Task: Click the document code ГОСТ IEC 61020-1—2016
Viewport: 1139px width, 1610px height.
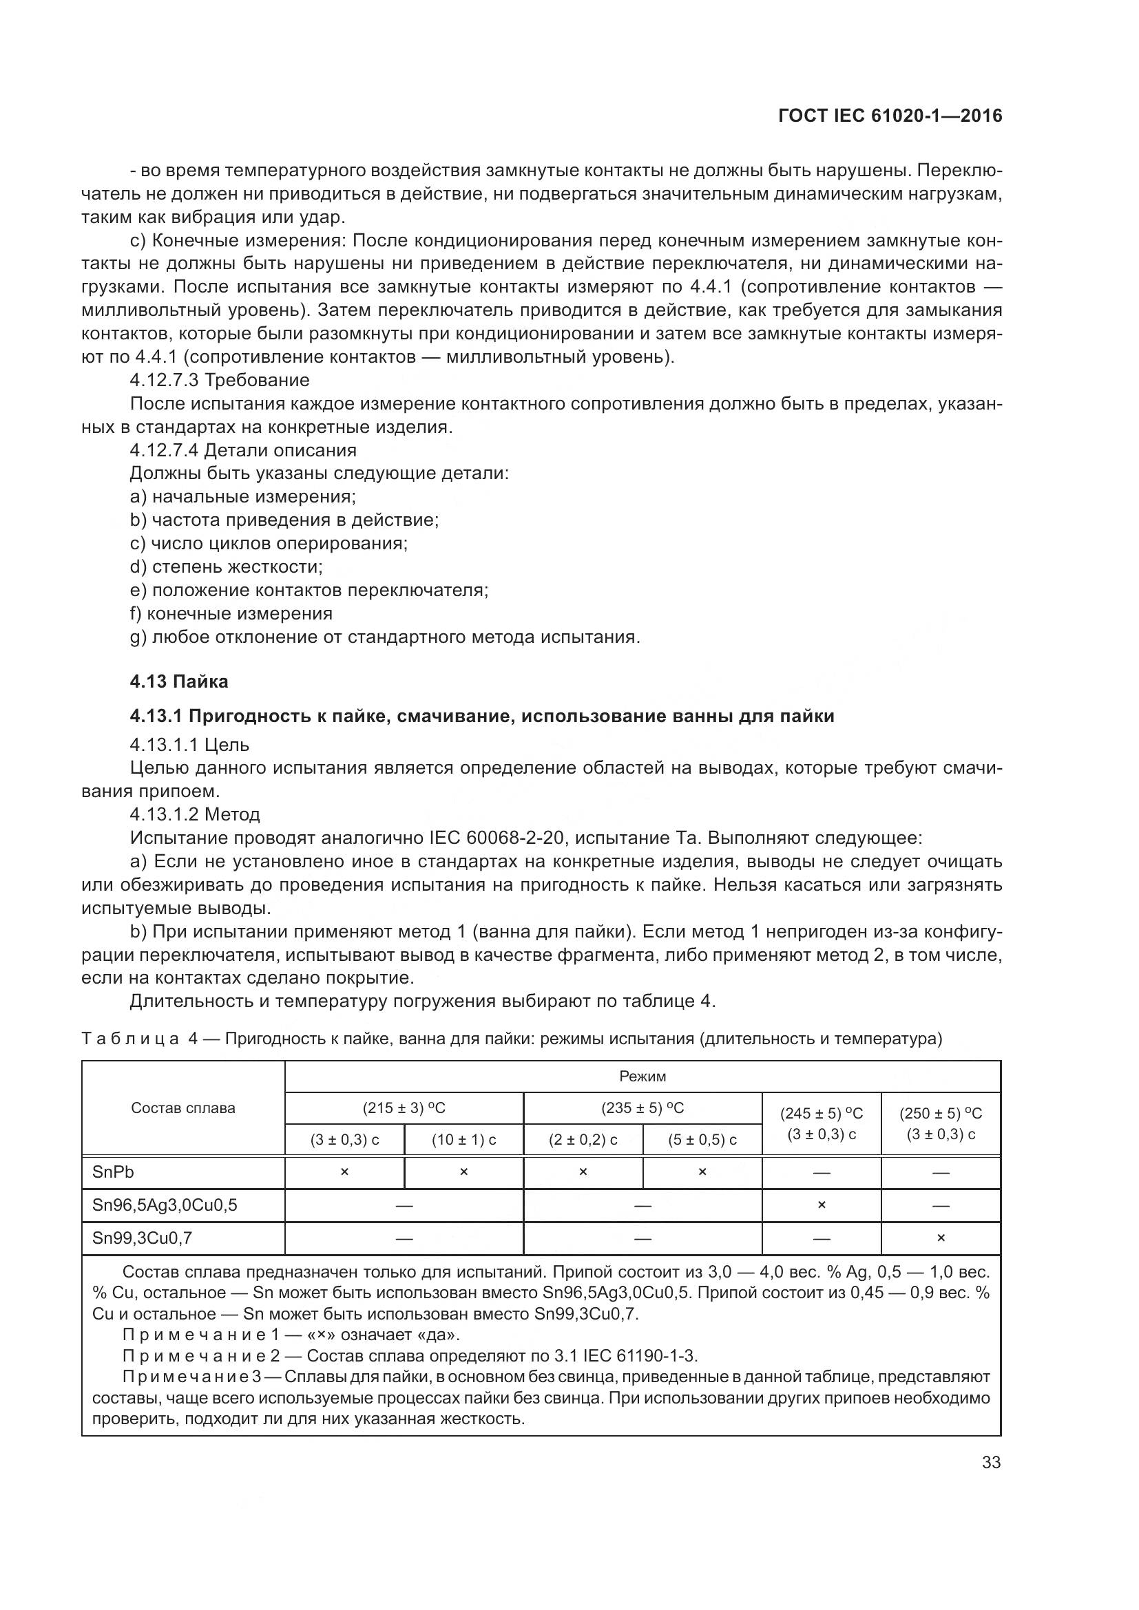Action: (890, 116)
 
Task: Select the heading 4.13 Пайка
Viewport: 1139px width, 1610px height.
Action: (179, 681)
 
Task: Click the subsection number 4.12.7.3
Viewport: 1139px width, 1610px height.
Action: (165, 380)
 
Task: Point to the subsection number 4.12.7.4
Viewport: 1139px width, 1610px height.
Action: (165, 450)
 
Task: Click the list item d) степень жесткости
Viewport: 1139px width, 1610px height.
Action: (226, 566)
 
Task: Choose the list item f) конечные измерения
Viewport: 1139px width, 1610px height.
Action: (231, 613)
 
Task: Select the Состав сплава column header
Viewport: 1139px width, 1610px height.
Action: (183, 1108)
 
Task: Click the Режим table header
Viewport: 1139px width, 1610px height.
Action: (642, 1076)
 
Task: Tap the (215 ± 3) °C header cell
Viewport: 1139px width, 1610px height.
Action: (404, 1108)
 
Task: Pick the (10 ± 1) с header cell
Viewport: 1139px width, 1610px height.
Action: (463, 1139)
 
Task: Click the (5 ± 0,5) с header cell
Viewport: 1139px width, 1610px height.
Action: (702, 1139)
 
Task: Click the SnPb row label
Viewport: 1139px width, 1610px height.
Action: (113, 1172)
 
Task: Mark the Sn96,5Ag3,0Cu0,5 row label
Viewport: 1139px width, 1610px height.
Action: (165, 1205)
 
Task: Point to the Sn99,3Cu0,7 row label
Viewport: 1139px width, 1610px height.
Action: (143, 1238)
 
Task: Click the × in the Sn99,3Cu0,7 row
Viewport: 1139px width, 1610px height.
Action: (941, 1238)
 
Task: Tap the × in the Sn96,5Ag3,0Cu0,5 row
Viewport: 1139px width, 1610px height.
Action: (822, 1205)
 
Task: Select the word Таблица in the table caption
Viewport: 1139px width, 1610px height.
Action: (130, 1038)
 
